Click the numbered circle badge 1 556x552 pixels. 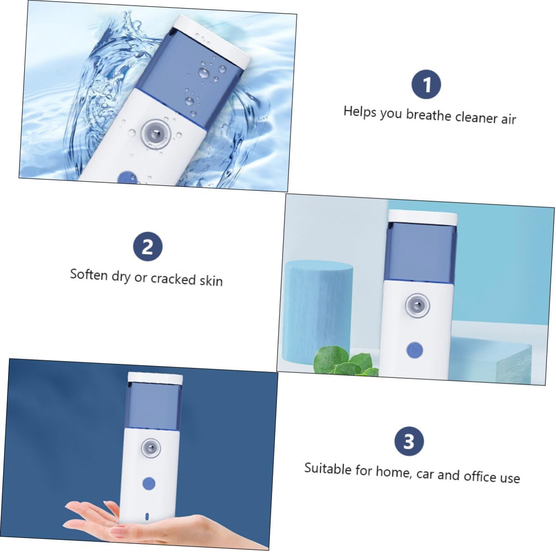pos(426,84)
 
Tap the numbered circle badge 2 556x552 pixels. pos(148,247)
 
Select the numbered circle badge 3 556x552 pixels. pos(409,442)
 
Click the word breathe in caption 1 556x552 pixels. pos(429,115)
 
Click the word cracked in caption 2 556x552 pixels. pos(173,279)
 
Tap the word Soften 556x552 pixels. pos(89,274)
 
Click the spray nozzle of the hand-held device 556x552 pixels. pos(151,448)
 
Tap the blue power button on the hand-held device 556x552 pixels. pos(149,484)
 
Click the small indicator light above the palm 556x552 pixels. pos(147,516)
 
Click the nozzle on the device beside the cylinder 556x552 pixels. pos(417,305)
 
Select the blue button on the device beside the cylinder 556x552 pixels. pos(414,350)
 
